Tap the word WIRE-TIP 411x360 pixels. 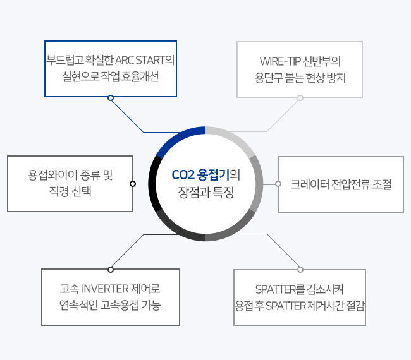click(280, 61)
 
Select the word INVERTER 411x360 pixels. click(105, 289)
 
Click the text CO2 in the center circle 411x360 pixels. click(183, 175)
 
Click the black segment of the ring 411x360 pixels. click(152, 183)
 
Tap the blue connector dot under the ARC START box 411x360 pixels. click(111, 98)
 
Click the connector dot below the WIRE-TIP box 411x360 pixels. click(300, 98)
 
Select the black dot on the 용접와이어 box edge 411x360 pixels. click(133, 184)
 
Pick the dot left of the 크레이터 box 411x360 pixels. click(278, 184)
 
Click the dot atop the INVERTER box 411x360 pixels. click(111, 270)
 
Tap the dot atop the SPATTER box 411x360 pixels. click(300, 270)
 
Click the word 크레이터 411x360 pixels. click(310, 184)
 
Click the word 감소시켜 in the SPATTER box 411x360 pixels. click(324, 289)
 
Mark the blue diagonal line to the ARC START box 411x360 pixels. click(127, 115)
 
